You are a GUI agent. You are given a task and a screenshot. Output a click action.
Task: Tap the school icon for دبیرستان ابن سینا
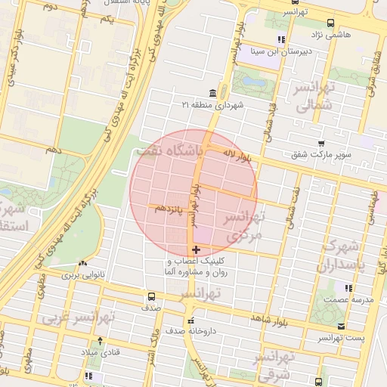[x=281, y=39]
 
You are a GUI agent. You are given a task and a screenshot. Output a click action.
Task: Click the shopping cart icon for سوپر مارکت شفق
[x=322, y=143]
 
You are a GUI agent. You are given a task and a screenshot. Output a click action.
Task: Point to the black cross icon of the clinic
[x=196, y=249]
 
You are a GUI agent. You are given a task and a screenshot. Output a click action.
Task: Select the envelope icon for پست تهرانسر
[x=342, y=326]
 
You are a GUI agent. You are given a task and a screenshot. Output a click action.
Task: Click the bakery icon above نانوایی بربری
[x=76, y=264]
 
